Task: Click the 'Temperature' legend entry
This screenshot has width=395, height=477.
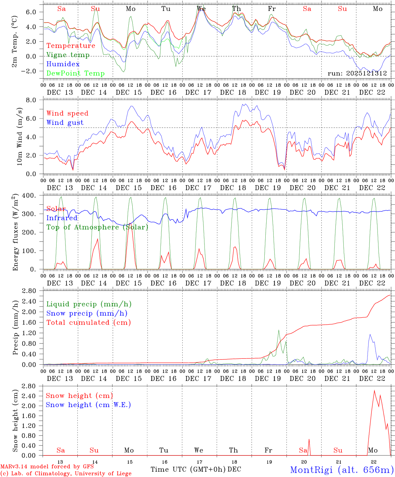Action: [x=71, y=46]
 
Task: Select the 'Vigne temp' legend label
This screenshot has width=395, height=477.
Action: [x=68, y=55]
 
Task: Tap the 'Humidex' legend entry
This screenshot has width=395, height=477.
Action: [x=63, y=64]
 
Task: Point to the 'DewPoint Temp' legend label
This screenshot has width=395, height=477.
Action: [x=75, y=74]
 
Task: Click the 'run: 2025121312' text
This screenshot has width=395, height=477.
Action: [x=357, y=74]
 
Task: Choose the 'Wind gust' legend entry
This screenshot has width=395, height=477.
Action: [x=65, y=123]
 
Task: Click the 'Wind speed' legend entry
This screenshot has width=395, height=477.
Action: [x=67, y=113]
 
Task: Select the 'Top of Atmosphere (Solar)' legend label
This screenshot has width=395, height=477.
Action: [x=97, y=227]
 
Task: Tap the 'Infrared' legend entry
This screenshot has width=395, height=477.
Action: [x=62, y=218]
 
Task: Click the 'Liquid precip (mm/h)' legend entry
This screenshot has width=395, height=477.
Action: [x=89, y=304]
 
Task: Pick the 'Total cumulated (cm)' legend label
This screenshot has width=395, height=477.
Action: [x=89, y=323]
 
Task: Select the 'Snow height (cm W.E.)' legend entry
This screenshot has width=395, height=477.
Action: [x=88, y=405]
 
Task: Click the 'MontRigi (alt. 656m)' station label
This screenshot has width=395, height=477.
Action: [x=342, y=470]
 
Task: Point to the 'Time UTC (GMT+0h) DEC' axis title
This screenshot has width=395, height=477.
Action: [x=196, y=469]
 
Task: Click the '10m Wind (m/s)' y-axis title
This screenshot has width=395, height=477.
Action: [x=20, y=136]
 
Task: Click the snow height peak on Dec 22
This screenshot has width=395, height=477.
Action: [x=374, y=391]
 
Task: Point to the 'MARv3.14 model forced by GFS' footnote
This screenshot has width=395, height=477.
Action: [x=47, y=467]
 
